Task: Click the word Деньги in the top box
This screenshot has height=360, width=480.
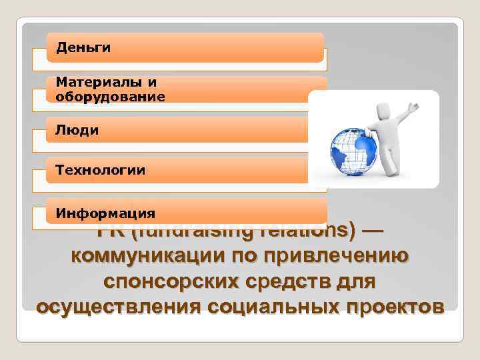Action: click(x=83, y=47)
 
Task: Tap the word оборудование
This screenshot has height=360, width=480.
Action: click(x=110, y=96)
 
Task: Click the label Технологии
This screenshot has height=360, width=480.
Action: click(x=100, y=171)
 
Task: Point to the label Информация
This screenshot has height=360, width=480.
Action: click(x=105, y=213)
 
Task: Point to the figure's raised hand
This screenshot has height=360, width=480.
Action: click(x=413, y=107)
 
